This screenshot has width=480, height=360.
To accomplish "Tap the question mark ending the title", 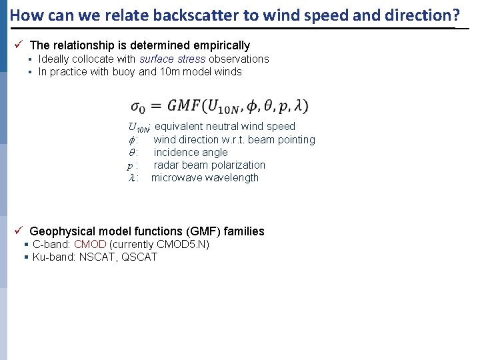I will tap(457, 14).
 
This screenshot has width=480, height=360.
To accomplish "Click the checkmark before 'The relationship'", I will tap(19, 45).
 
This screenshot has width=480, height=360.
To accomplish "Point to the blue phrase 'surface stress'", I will tap(172, 59).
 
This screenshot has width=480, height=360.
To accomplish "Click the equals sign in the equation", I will tap(155, 107).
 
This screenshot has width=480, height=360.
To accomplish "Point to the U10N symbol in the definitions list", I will tap(138, 127).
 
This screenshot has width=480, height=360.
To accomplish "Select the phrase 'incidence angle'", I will tap(191, 152).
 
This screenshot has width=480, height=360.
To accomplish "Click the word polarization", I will tap(238, 165).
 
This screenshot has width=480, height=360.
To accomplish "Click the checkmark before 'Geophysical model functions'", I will tap(19, 231).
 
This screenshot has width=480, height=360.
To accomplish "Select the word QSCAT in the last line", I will tap(139, 257).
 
